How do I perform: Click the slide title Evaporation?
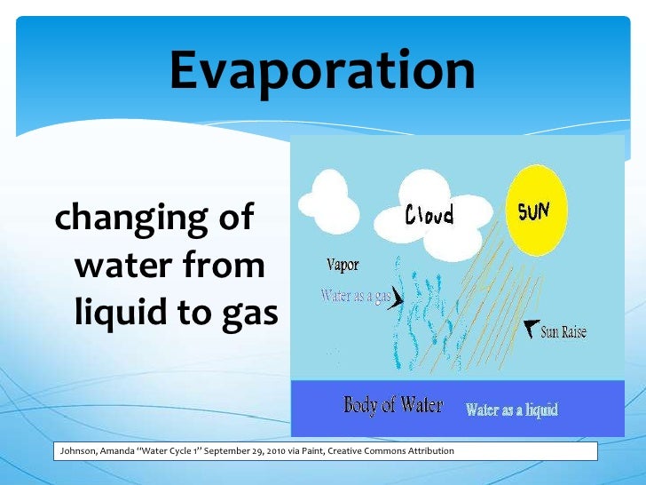(x=322, y=71)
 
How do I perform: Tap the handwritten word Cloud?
(x=429, y=214)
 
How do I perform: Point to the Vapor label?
(x=343, y=265)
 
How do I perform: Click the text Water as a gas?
(x=355, y=295)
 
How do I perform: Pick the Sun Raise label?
(x=563, y=333)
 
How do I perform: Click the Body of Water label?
(x=393, y=406)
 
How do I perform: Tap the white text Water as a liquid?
(x=512, y=409)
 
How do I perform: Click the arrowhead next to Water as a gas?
(x=396, y=300)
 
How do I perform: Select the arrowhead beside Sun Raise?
(x=531, y=326)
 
